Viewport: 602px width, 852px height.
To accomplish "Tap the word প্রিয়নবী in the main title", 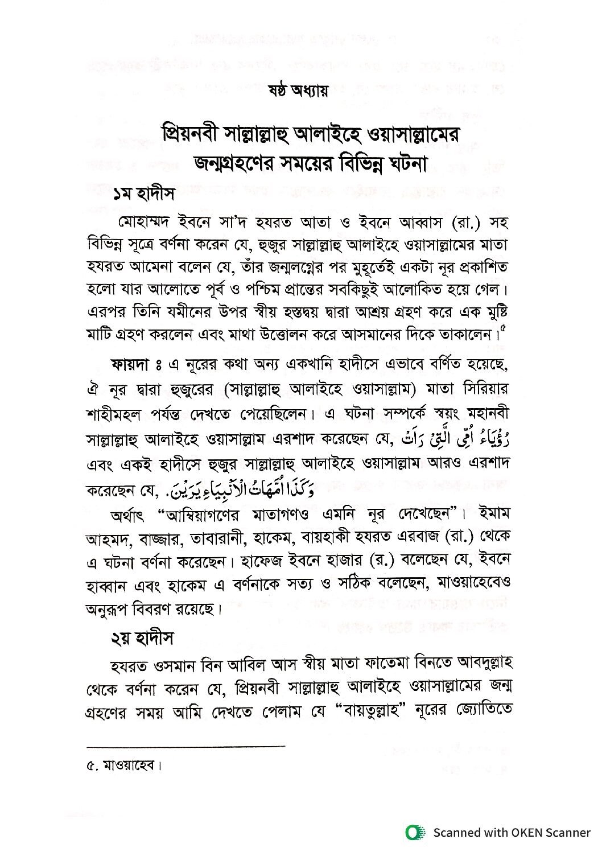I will [x=193, y=136].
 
